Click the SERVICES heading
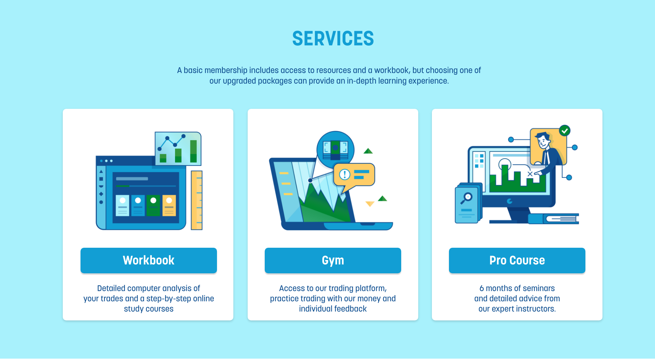333,39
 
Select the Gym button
333,260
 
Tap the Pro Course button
517,260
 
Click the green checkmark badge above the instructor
565,130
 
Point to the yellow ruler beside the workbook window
196,200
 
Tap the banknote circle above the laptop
335,149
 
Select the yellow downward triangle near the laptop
370,204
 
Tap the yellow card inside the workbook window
169,205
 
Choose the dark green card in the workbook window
153,205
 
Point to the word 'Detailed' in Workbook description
111,288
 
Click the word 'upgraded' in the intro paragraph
239,81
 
